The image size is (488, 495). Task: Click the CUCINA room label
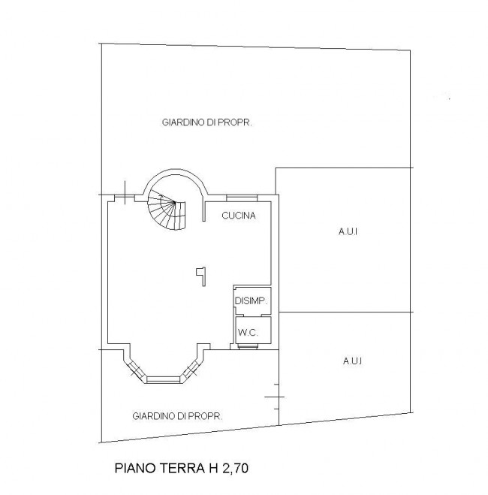(239, 216)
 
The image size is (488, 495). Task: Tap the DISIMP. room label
(251, 301)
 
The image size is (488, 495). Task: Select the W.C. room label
(248, 332)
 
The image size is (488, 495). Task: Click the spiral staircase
(167, 210)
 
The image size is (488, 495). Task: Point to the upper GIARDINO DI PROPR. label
(207, 122)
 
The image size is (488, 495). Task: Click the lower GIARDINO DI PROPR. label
(177, 416)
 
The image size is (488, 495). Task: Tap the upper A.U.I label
(348, 231)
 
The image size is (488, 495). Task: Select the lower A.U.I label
(352, 361)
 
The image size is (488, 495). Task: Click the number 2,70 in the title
(235, 468)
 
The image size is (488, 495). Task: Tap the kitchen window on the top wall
(242, 198)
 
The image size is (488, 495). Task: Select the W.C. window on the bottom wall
(248, 346)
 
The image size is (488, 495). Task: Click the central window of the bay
(164, 379)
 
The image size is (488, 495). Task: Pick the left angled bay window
(137, 369)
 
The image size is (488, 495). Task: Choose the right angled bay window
(191, 369)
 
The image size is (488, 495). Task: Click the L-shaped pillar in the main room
(201, 276)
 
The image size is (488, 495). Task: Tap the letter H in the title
(213, 468)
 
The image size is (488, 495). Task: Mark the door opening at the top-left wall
(125, 198)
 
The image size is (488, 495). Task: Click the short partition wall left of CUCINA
(204, 211)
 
